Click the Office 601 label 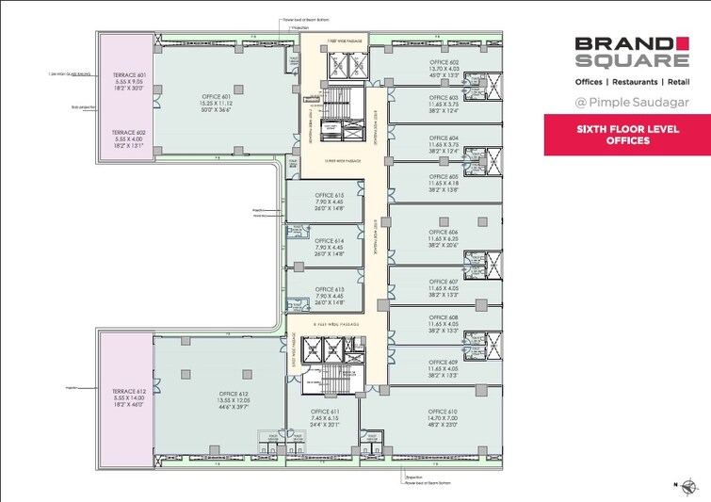point(217,96)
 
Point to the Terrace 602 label point(128,133)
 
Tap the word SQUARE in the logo point(629,61)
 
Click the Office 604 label point(441,138)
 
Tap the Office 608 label point(441,318)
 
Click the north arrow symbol point(692,486)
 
